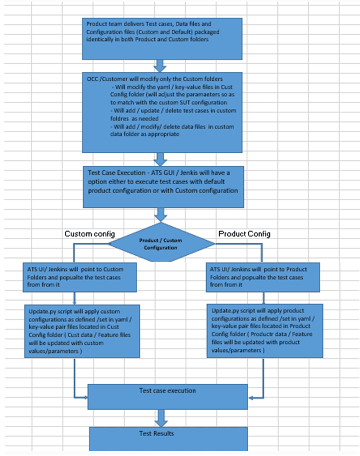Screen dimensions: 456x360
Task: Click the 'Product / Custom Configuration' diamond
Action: [x=161, y=243]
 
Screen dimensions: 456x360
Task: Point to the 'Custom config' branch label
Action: [x=86, y=234]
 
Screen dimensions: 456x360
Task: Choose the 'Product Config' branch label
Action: [x=243, y=234]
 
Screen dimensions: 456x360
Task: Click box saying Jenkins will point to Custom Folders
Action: [x=73, y=276]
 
